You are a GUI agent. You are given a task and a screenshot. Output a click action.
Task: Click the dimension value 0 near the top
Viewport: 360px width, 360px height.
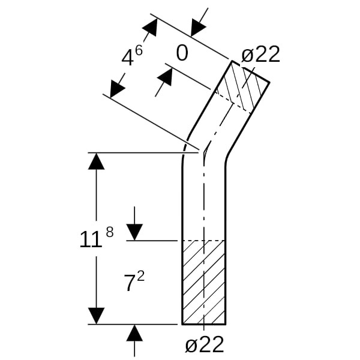pos(182,53)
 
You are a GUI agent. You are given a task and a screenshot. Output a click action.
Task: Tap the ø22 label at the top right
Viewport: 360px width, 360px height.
pos(260,55)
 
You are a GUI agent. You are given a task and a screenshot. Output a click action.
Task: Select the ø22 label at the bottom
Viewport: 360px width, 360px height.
pos(205,344)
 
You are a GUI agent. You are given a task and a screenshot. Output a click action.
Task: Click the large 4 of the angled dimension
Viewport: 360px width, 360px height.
pos(127,58)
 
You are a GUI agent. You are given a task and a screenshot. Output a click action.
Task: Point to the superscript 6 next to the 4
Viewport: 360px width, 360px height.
pos(139,50)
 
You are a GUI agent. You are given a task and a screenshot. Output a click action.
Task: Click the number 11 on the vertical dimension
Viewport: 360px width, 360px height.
pos(91,240)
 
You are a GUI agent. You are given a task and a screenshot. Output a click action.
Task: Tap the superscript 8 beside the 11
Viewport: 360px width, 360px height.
pos(109,232)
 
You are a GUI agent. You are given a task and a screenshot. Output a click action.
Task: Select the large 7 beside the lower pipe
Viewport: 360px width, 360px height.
pos(130,284)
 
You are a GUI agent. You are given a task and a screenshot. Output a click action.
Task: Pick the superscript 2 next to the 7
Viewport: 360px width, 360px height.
pos(140,276)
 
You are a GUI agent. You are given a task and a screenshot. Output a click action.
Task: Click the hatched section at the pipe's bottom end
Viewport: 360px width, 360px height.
pos(204,282)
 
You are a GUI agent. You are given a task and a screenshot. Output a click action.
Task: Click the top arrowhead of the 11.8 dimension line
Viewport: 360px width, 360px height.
pos(96,161)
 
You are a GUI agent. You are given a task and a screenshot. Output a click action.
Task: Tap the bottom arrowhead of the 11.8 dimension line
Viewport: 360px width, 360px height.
pos(96,316)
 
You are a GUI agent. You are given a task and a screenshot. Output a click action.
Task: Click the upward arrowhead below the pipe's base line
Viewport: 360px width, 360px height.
pos(134,333)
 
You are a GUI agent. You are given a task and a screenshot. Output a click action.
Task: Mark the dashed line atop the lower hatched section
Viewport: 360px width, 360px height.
pos(204,241)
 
